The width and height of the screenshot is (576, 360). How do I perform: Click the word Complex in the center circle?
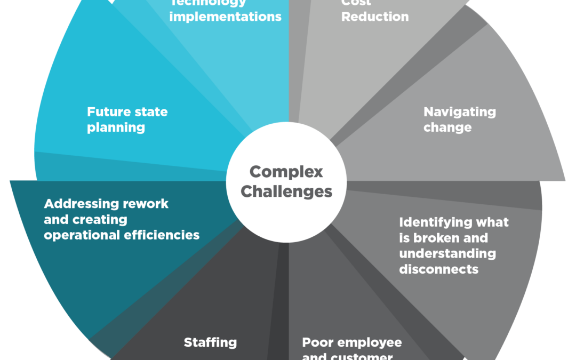286,172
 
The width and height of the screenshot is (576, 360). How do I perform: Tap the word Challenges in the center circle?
286,191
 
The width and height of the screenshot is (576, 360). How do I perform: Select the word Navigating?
460,112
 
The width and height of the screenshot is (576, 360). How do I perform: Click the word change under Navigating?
447,127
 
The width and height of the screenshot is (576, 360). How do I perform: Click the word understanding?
447,253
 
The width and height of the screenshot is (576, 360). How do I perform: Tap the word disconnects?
439,269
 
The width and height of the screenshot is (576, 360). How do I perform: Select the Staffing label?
210,342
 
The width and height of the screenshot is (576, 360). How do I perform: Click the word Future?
106,112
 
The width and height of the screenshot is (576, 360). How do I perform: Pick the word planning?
116,127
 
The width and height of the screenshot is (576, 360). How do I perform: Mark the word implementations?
226,17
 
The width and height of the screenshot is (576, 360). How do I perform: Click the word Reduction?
375,17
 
